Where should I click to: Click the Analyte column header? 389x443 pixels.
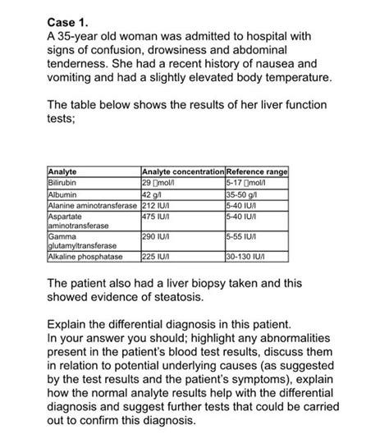click(x=66, y=171)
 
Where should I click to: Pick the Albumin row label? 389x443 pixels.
click(x=65, y=194)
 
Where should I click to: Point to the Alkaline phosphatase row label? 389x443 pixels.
click(x=87, y=256)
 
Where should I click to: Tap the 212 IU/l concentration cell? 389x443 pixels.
click(x=157, y=205)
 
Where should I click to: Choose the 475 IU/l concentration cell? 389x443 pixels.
click(x=157, y=217)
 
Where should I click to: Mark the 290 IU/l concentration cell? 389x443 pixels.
click(x=157, y=236)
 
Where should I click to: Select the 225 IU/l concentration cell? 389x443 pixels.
click(x=157, y=256)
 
